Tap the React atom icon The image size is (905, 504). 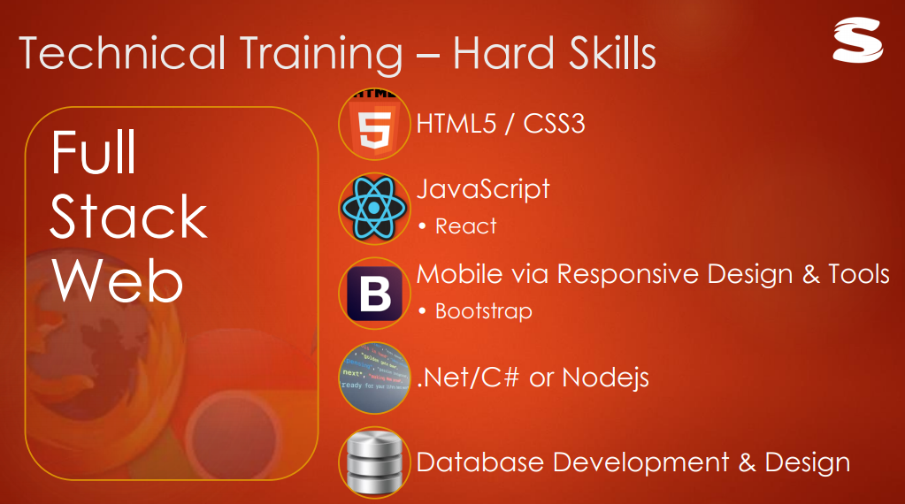coord(375,209)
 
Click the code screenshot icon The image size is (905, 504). coord(375,378)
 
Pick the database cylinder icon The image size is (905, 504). coord(375,462)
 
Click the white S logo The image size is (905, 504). coord(857,41)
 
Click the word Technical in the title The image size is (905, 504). coord(121,54)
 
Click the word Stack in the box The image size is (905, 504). coord(128,218)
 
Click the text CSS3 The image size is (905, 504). coord(555,123)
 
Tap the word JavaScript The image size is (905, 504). coord(483,189)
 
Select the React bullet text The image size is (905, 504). coord(465,226)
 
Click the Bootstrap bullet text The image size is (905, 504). coord(483,311)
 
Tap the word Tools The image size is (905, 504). coord(858,274)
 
